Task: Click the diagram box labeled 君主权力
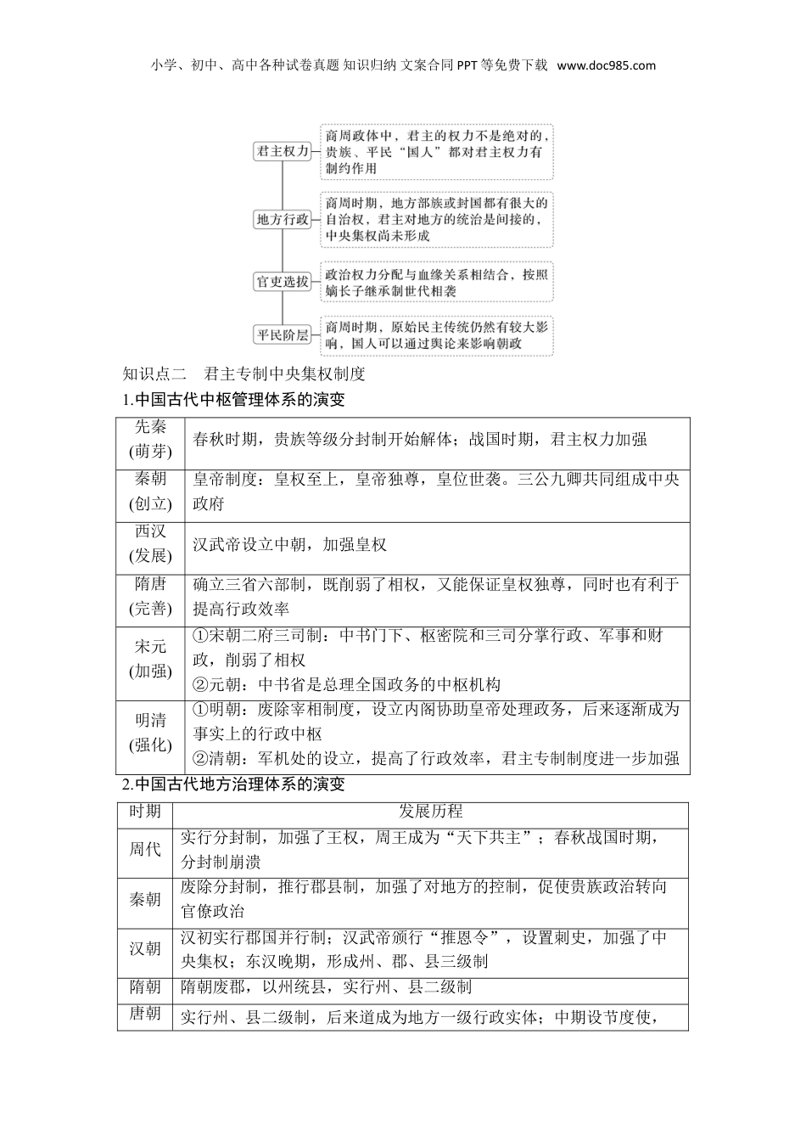coord(283,151)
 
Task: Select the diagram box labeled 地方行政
coord(283,219)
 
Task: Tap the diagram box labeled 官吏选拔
coord(283,281)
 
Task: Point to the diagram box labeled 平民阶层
coord(283,334)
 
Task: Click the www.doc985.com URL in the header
coord(607,65)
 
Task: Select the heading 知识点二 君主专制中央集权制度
coord(243,374)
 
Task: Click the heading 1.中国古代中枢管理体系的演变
coord(232,400)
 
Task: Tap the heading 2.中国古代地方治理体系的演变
coord(232,784)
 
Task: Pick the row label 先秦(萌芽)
coord(150,439)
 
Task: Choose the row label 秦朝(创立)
coord(150,492)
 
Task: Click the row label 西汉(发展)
coord(150,544)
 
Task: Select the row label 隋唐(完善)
coord(150,597)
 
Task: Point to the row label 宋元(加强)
coord(150,660)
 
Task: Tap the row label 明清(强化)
coord(150,733)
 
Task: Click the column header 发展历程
coord(430,812)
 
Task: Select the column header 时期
coord(144,812)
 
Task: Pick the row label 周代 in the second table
coord(144,849)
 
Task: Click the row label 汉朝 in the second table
coord(144,948)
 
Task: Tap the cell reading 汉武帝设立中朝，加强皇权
coord(289,544)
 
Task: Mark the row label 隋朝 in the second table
coord(144,986)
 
